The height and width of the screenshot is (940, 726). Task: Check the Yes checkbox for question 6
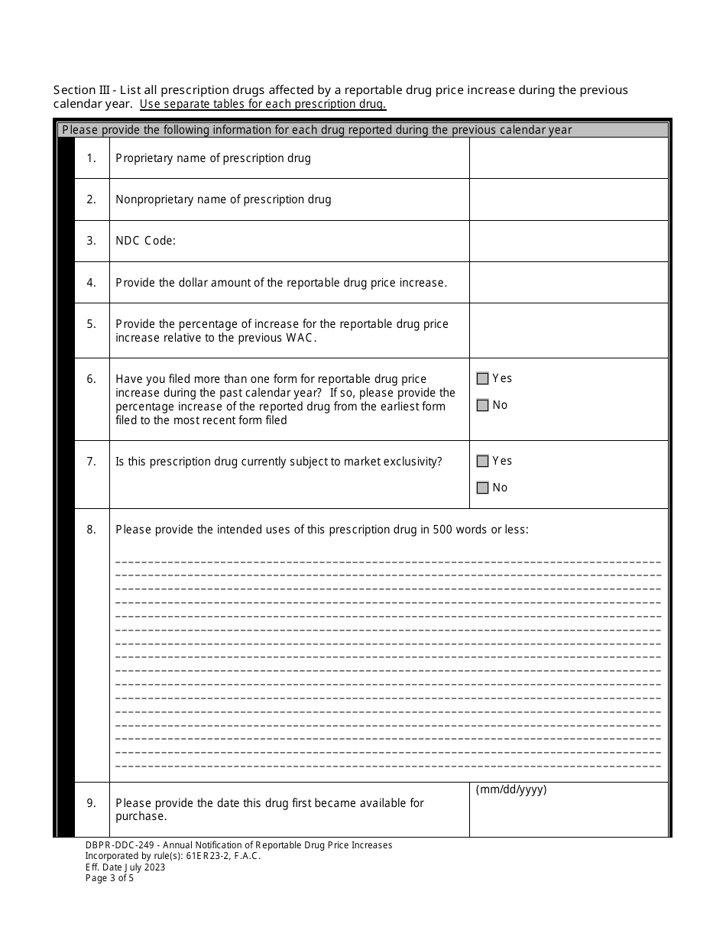(x=482, y=378)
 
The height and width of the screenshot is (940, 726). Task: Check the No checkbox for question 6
(x=482, y=405)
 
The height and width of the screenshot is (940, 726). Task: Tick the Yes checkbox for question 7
(x=482, y=461)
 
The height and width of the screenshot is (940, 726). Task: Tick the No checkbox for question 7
(x=482, y=488)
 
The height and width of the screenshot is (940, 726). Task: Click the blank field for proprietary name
(x=569, y=158)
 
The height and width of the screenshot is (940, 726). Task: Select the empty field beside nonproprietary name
(x=569, y=199)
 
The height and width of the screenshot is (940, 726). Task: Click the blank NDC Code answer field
(x=569, y=241)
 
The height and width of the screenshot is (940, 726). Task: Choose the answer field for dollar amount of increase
(x=569, y=283)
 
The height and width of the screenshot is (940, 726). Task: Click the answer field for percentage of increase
(x=569, y=330)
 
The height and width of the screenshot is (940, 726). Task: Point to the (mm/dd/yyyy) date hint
(x=511, y=790)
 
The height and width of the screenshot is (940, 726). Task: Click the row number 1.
(x=92, y=158)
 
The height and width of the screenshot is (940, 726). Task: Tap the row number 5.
(x=92, y=324)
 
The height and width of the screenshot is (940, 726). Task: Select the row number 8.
(x=92, y=529)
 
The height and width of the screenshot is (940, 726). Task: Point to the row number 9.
(x=92, y=802)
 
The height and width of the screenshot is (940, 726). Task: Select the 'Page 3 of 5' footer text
(x=109, y=878)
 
